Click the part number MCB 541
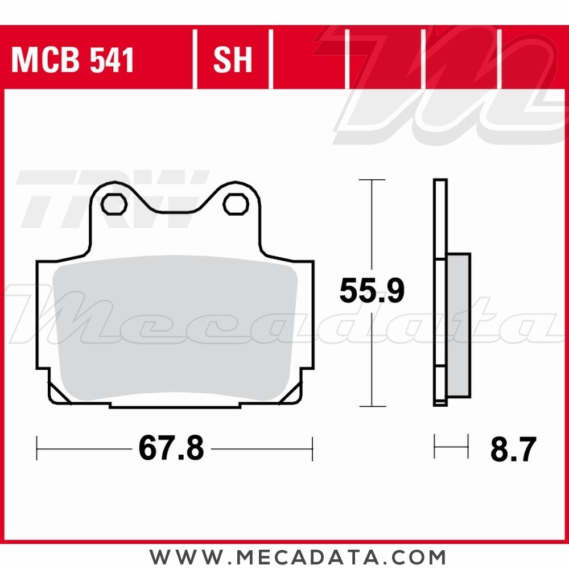coord(73,60)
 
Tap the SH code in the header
coord(232,60)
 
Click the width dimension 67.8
coord(171,449)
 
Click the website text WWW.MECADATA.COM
coord(298,556)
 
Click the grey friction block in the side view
coord(459,325)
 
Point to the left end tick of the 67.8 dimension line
coord(37,449)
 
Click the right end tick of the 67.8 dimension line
coord(312,449)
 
